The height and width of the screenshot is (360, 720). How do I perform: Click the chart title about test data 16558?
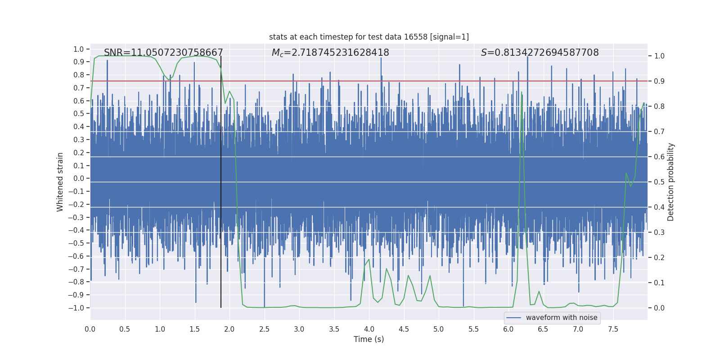coord(369,37)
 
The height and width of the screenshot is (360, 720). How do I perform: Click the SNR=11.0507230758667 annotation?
coord(163,53)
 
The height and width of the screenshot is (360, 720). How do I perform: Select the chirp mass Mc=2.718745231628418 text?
coord(330,53)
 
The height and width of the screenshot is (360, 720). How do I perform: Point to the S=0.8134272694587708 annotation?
coord(540,53)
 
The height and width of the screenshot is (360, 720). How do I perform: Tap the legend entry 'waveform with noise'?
coord(561,318)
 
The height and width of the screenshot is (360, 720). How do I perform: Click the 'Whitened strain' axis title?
coord(60,182)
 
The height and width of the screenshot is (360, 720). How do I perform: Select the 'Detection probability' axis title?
coord(671,182)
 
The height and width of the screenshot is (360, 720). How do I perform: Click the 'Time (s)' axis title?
coord(369,339)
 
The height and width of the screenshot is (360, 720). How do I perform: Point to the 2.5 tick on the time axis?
coord(264,329)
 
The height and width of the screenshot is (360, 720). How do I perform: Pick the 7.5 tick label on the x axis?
coord(613,329)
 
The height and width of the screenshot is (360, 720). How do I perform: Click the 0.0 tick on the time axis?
coord(90,329)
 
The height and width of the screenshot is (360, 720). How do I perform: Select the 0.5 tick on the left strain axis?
coord(79,114)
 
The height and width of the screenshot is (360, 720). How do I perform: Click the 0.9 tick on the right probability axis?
coord(659,81)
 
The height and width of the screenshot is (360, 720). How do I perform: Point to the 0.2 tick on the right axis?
coord(659,257)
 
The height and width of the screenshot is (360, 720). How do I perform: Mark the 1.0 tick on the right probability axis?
coord(659,56)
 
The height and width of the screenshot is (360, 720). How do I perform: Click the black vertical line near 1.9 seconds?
coord(221,180)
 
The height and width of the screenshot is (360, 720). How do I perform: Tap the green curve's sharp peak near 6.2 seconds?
coord(522,92)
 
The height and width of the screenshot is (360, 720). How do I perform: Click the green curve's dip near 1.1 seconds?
coord(169,80)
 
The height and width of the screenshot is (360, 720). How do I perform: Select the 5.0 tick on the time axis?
coord(439,329)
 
